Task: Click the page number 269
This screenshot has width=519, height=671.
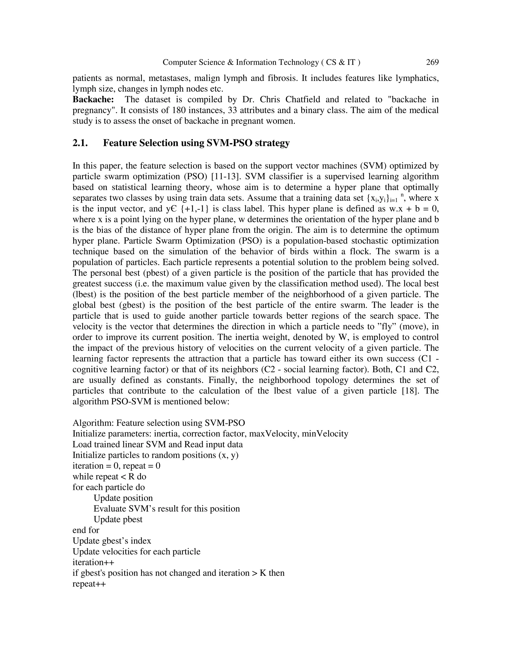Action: click(432, 62)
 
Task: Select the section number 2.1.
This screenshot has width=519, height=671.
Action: click(80, 143)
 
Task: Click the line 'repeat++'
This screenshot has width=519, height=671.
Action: click(89, 584)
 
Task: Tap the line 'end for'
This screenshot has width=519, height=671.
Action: click(86, 530)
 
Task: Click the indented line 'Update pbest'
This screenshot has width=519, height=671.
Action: click(118, 520)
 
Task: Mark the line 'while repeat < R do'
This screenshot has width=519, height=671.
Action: click(109, 477)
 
